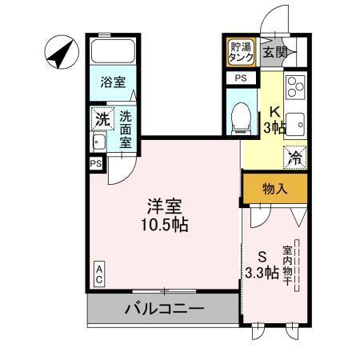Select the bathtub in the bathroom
click(x=112, y=52)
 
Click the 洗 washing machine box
click(x=101, y=118)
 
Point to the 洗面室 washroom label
click(x=126, y=130)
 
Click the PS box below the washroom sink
click(x=96, y=163)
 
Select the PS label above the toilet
click(x=241, y=78)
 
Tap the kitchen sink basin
click(x=294, y=125)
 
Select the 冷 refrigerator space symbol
click(x=295, y=157)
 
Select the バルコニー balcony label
click(x=164, y=308)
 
